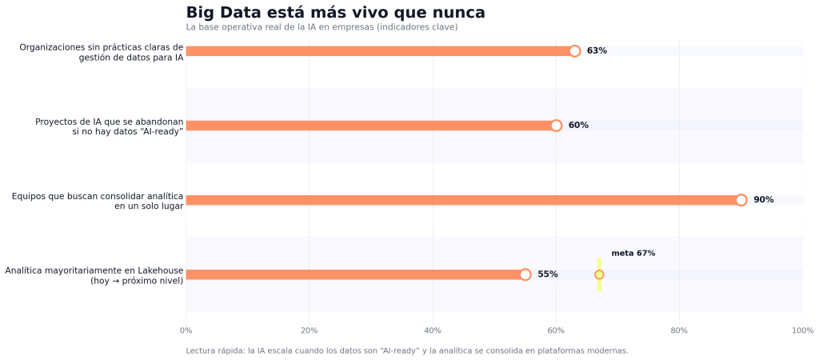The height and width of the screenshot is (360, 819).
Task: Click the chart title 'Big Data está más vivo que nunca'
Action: pyautogui.click(x=335, y=13)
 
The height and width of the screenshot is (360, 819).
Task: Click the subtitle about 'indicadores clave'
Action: pyautogui.click(x=322, y=27)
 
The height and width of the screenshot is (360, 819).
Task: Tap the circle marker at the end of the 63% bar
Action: pyautogui.click(x=574, y=51)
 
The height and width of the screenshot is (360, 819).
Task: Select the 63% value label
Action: pyautogui.click(x=597, y=51)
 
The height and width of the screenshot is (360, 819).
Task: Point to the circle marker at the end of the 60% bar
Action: pyautogui.click(x=556, y=126)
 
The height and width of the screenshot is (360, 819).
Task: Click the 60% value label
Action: pyautogui.click(x=578, y=126)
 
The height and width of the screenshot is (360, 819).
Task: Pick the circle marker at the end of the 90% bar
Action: pyautogui.click(x=741, y=200)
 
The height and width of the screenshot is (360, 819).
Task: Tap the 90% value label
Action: pyautogui.click(x=763, y=200)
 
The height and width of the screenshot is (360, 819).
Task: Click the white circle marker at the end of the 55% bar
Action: pyautogui.click(x=525, y=274)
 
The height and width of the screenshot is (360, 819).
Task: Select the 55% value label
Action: pyautogui.click(x=547, y=274)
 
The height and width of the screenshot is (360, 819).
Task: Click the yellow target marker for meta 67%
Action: pyautogui.click(x=599, y=274)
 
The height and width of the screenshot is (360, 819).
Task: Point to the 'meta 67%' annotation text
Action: pyautogui.click(x=633, y=254)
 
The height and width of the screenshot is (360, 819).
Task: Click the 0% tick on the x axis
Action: pyautogui.click(x=186, y=330)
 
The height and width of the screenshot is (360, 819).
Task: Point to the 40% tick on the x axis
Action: pyautogui.click(x=433, y=330)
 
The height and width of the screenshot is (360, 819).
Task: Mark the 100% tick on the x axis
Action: pyautogui.click(x=801, y=330)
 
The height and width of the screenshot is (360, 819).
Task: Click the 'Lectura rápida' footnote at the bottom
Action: pyautogui.click(x=406, y=350)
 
